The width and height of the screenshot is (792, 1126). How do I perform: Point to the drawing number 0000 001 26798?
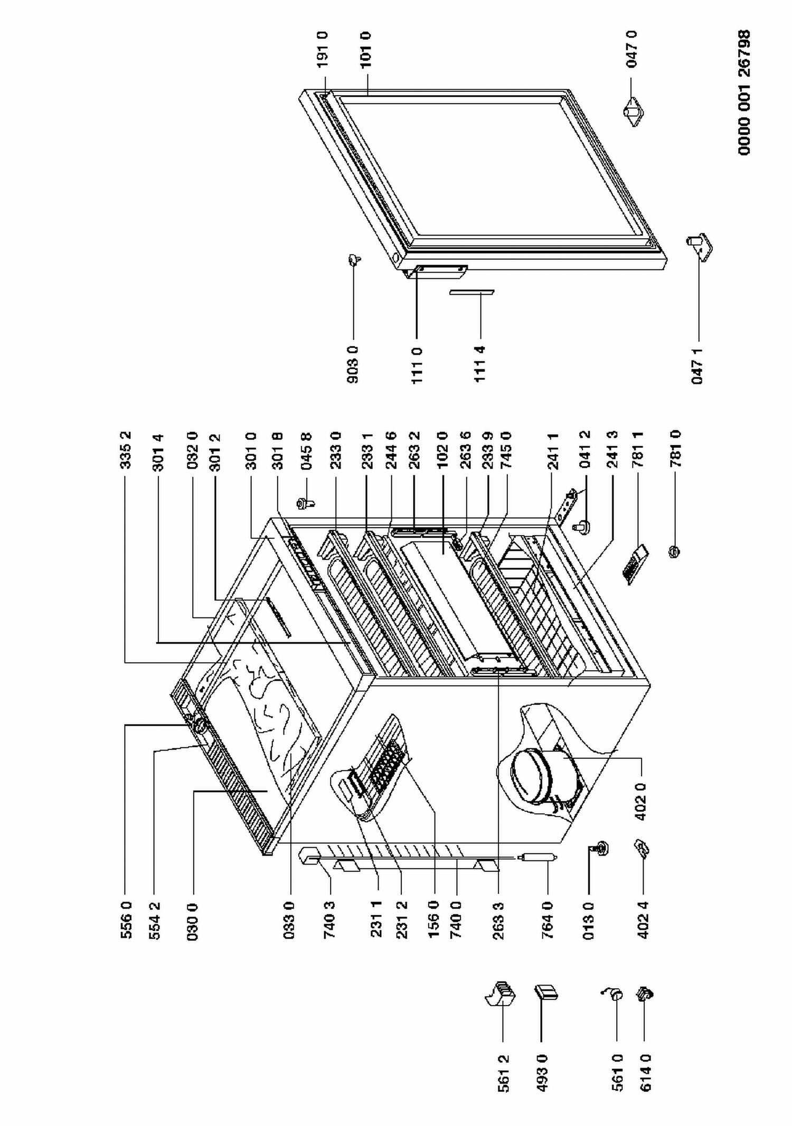[744, 92]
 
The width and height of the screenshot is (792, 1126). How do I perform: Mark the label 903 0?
[353, 364]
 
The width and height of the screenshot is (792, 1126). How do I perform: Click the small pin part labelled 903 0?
[354, 259]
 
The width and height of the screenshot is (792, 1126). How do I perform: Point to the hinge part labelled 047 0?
[632, 110]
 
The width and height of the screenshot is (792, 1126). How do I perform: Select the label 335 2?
[125, 450]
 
